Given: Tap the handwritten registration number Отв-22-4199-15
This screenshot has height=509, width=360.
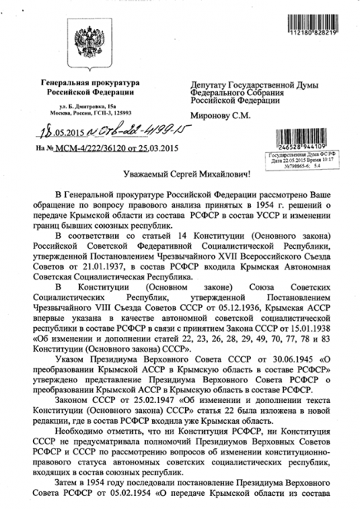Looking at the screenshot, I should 119,128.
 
